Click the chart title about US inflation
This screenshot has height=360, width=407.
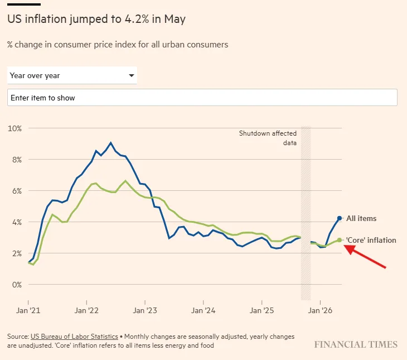tap(96, 19)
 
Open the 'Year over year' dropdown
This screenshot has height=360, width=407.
tap(72, 75)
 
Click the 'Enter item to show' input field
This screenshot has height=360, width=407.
tap(202, 98)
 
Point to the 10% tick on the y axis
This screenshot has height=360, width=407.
tap(15, 128)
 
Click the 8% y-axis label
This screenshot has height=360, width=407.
tap(17, 160)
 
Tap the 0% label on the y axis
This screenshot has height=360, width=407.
tap(17, 285)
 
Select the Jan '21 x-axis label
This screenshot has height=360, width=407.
tap(28, 310)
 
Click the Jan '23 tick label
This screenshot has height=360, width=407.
tap(145, 310)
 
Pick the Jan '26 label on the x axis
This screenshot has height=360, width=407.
tap(320, 310)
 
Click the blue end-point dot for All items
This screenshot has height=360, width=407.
tap(340, 218)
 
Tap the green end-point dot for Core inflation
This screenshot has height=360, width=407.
tap(340, 240)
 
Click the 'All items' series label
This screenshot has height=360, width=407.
tap(361, 218)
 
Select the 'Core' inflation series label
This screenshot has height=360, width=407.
tap(371, 240)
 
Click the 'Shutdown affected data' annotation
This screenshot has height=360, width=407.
tap(268, 138)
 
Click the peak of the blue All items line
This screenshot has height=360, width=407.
tap(111, 143)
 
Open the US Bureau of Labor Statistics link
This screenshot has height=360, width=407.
tap(74, 337)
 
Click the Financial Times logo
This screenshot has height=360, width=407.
tap(356, 345)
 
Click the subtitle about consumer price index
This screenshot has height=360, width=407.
tap(118, 45)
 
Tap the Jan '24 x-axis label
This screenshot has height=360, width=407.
tap(203, 310)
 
